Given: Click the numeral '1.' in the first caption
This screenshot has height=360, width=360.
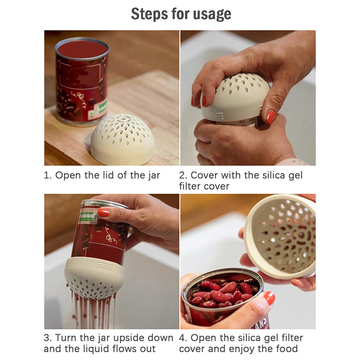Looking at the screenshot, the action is pyautogui.click(x=48, y=175).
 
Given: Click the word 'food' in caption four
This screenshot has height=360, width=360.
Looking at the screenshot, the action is pyautogui.click(x=287, y=349).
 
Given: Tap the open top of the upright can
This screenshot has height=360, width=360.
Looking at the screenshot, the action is pyautogui.click(x=82, y=49).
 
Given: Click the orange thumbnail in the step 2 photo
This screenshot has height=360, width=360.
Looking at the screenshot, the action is pyautogui.click(x=271, y=117).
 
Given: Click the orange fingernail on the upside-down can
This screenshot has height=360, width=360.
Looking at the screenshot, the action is pyautogui.click(x=103, y=212).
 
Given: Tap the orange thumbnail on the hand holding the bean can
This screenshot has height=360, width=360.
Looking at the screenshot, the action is pyautogui.click(x=270, y=298).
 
